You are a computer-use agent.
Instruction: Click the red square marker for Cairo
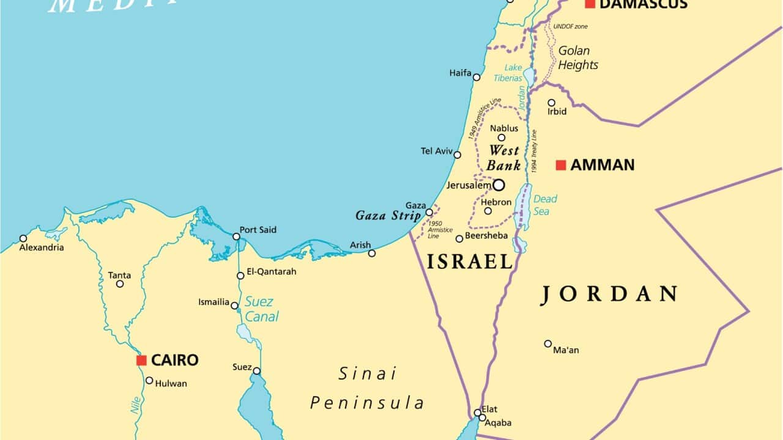[141, 361]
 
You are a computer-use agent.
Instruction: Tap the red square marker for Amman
[561, 165]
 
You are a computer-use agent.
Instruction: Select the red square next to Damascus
[590, 4]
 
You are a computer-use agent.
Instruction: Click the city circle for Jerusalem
[499, 185]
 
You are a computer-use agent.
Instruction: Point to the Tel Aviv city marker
[457, 155]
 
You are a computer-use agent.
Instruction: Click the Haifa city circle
[477, 77]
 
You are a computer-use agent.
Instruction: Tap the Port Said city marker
[236, 237]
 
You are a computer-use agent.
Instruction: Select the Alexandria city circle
[23, 238]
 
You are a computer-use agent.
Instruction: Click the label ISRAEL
[470, 262]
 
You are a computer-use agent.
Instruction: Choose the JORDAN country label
[609, 294]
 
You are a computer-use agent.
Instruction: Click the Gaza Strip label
[388, 216]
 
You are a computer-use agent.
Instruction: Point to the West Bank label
[503, 158]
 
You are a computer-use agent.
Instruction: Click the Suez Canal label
[261, 309]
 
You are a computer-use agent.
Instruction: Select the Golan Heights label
[578, 58]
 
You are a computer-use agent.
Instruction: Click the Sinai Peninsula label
[367, 388]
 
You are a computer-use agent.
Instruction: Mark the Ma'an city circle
[548, 343]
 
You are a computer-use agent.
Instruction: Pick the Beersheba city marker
[459, 238]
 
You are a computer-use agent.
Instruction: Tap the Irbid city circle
[551, 103]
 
